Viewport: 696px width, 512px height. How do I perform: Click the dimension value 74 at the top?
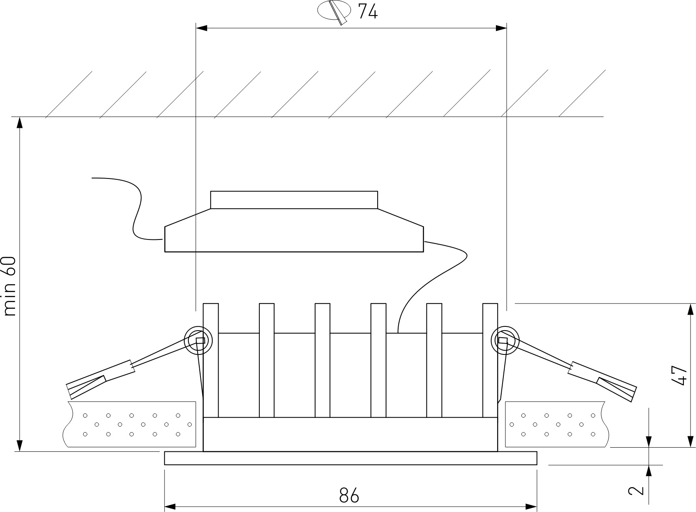pos(368,12)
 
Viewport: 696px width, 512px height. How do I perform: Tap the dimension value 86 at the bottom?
pos(349,495)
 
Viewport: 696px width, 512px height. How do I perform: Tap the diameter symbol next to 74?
pos(335,12)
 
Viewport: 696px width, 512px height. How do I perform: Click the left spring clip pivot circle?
pos(198,340)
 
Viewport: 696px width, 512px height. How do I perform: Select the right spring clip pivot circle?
pos(505,340)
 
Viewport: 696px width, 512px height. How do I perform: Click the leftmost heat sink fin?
pos(211,360)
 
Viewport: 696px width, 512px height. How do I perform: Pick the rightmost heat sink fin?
pos(490,360)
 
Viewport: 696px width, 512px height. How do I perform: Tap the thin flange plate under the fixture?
pos(351,458)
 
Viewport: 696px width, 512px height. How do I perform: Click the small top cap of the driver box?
pos(294,200)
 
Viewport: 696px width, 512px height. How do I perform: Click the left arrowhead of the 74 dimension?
pos(201,28)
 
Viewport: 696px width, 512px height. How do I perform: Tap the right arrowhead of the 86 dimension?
pos(531,507)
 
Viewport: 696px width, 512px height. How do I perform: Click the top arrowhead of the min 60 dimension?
pos(20,122)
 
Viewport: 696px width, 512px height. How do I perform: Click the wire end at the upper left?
pos(91,178)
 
